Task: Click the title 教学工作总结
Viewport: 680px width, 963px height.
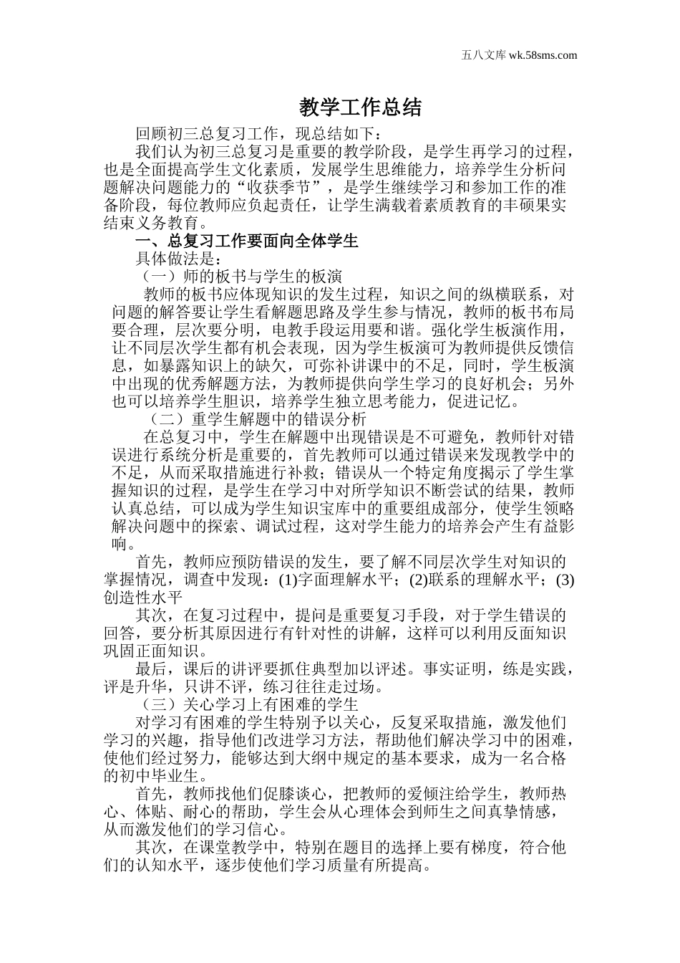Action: pyautogui.click(x=360, y=108)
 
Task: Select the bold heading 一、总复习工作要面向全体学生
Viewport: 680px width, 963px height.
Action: pyautogui.click(x=247, y=241)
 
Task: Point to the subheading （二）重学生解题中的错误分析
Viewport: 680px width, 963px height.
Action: pyautogui.click(x=258, y=418)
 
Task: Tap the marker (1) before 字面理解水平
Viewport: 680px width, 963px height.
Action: pyautogui.click(x=288, y=579)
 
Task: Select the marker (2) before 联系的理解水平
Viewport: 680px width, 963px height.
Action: pyautogui.click(x=419, y=579)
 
